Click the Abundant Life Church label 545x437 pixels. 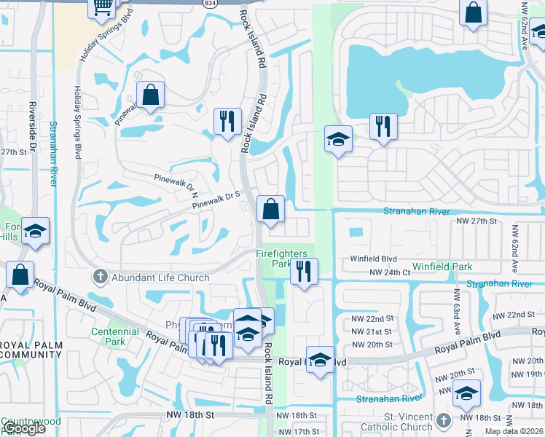(x=160, y=277)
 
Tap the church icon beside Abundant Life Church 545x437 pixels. (x=101, y=277)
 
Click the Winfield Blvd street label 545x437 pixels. (x=373, y=258)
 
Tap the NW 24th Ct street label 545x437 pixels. (x=391, y=272)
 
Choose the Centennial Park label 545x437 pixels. (x=115, y=336)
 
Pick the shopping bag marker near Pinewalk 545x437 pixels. (x=150, y=95)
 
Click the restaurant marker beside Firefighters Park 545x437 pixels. (x=304, y=272)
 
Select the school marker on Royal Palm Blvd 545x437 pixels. (x=320, y=359)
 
